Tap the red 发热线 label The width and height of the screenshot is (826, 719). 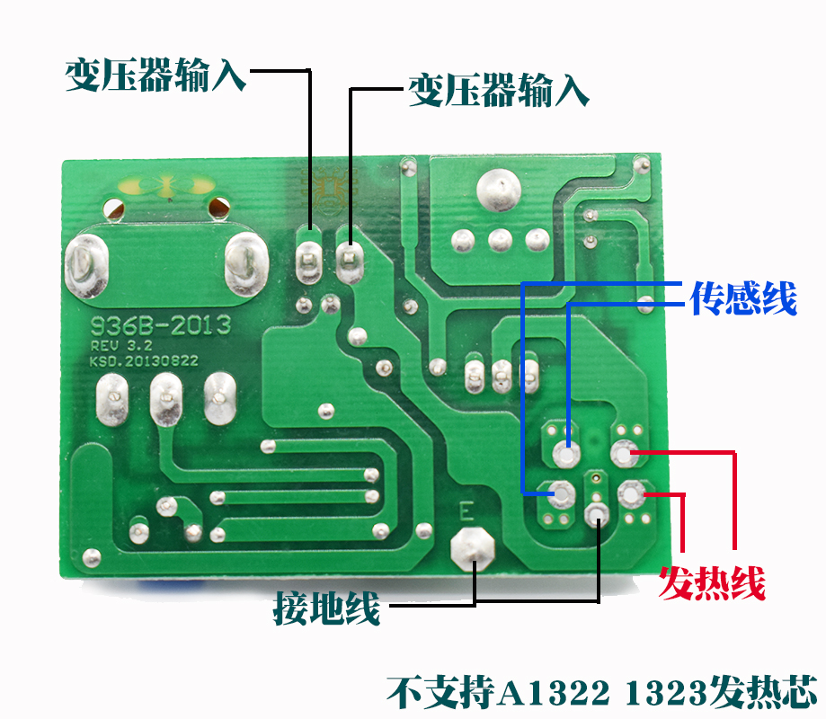pyautogui.click(x=712, y=583)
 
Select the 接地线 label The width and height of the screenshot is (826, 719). pyautogui.click(x=327, y=610)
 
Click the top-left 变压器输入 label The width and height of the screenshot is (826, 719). pyautogui.click(x=155, y=76)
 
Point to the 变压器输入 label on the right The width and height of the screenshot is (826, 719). pyautogui.click(x=499, y=91)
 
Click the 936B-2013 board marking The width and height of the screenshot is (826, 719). pyautogui.click(x=159, y=324)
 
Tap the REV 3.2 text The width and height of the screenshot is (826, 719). pyautogui.click(x=115, y=345)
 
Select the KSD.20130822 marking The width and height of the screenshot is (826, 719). pyautogui.click(x=143, y=360)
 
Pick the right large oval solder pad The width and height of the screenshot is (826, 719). pyautogui.click(x=244, y=264)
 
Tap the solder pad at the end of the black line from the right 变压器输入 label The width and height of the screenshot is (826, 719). pyautogui.click(x=348, y=261)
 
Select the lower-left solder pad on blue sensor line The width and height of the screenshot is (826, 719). pyautogui.click(x=561, y=493)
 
